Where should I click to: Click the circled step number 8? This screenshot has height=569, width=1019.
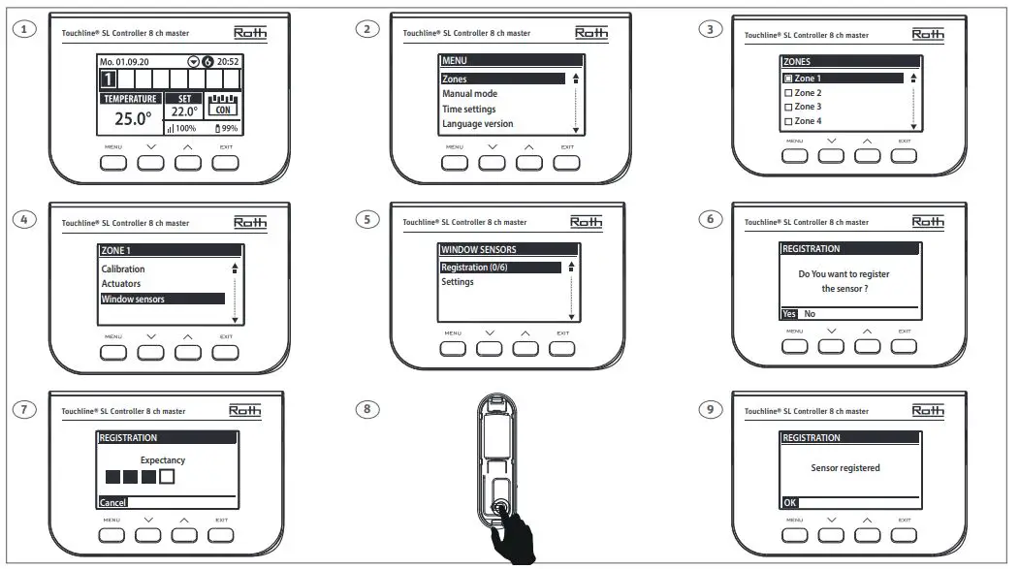[x=366, y=408]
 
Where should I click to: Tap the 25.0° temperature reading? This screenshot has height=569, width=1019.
[x=133, y=118]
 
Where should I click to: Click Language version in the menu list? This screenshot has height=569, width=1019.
[x=478, y=124]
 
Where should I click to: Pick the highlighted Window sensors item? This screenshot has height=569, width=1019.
[x=133, y=300]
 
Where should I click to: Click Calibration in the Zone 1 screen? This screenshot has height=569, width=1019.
[x=123, y=269]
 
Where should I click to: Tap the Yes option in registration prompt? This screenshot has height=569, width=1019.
[x=789, y=314]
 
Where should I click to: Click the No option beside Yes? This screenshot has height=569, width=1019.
[x=810, y=314]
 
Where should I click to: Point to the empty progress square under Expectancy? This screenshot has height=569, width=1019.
[x=167, y=477]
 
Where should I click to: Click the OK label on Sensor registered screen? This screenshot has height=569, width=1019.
[x=790, y=503]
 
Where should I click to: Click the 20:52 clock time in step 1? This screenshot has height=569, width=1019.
[x=229, y=61]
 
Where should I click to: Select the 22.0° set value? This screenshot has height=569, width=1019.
[x=184, y=112]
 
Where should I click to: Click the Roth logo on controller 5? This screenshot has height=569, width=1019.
[x=586, y=222]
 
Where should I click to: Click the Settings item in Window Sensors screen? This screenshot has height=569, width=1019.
[x=458, y=282]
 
